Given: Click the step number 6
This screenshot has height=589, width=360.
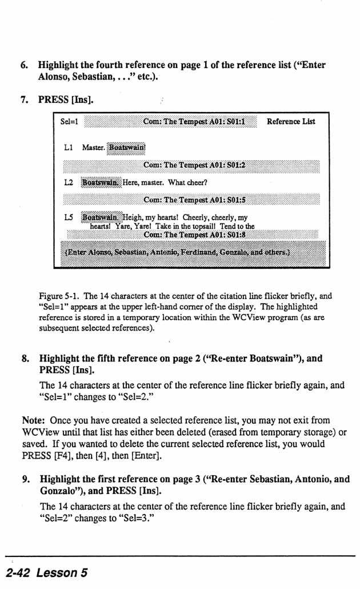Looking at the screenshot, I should coord(24,65).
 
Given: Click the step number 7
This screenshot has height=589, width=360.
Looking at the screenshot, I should coord(24,100).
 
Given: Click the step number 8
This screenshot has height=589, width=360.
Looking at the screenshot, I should coord(25,359).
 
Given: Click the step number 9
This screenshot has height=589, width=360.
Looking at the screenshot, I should coord(25,479).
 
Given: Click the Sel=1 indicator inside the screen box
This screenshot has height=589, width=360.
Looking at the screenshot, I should coord(69,121).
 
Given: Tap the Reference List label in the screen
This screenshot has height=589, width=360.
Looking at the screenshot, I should coord(291,121).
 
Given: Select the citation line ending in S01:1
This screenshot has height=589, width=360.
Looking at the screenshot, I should coord(194,121).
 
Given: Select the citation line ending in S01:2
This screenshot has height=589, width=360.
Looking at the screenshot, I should coord(194,165).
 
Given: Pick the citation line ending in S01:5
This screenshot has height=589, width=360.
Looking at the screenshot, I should coord(194,200).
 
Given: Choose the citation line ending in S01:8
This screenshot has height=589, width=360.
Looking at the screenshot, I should coord(194,234).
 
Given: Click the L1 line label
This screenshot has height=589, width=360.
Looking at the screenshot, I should coord(69,148).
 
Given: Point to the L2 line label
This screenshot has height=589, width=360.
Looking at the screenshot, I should coord(69,183).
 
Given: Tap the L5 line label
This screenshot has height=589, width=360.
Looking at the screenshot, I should coord(69,218).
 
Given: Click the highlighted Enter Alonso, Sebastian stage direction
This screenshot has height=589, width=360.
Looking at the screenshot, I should coord(177,251).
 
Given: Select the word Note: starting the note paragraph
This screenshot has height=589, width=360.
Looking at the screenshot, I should coord(34,420).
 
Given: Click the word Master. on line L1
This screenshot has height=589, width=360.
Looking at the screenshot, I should coord(93,148).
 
